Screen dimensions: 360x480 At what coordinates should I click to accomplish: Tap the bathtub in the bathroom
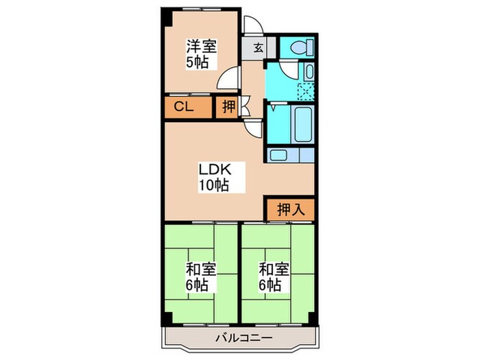[x=302, y=123]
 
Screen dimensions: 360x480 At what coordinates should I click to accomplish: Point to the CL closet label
[x=182, y=106]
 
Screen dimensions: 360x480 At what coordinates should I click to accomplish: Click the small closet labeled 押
[x=226, y=107]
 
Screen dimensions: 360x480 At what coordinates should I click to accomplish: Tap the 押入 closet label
[x=289, y=208]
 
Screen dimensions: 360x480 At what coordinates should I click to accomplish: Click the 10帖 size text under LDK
[x=214, y=184]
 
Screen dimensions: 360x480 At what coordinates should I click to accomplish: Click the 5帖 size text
[x=200, y=62]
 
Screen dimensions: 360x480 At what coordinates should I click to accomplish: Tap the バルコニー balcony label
[x=243, y=338]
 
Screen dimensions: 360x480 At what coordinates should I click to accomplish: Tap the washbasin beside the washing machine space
[x=309, y=71]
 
